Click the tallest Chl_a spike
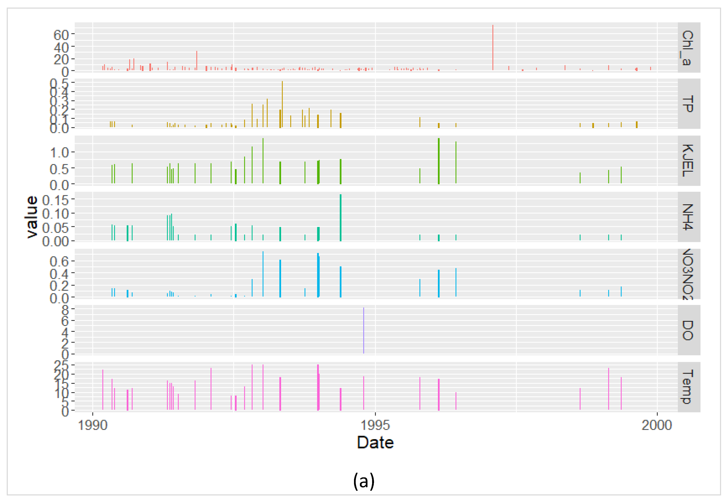[493, 47]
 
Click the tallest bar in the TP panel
[282, 104]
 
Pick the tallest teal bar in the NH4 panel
[341, 217]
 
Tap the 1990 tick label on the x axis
[92, 425]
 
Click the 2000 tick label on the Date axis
[657, 425]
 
